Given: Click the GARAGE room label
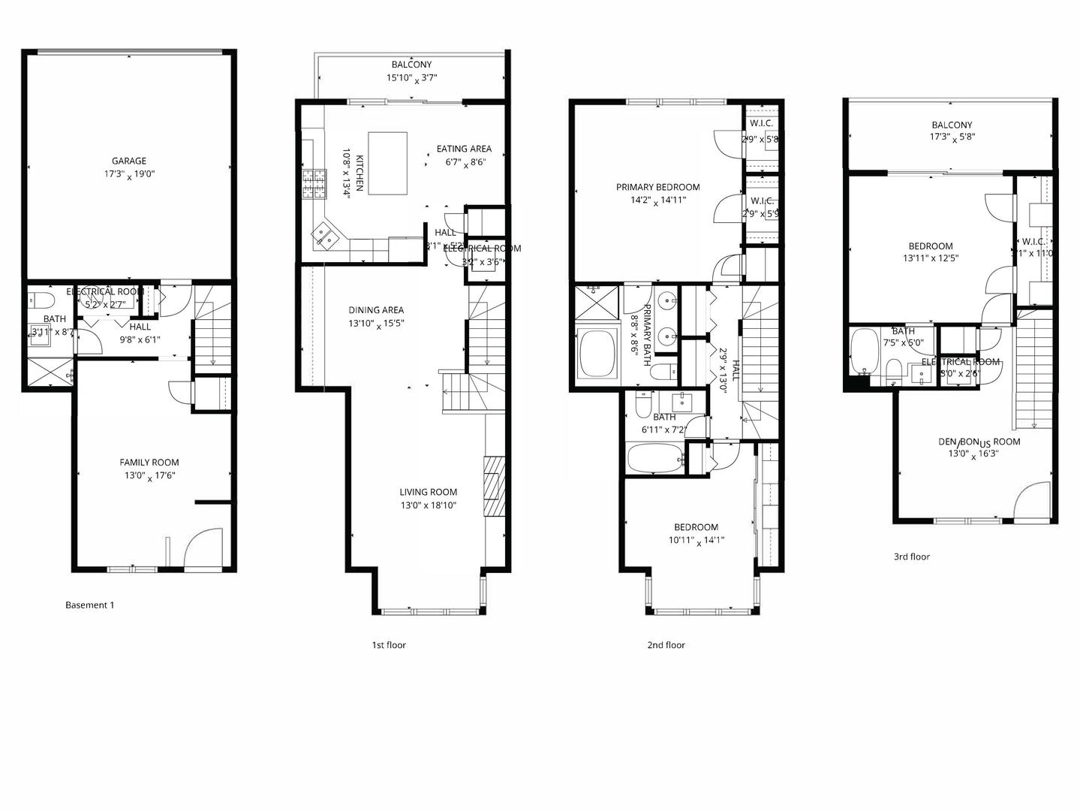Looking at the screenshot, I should tap(128, 161).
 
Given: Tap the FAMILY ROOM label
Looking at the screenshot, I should tap(149, 463).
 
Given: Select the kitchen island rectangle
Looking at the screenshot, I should tap(387, 163).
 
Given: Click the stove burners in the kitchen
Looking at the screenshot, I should tap(314, 184).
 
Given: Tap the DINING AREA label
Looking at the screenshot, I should tap(376, 310).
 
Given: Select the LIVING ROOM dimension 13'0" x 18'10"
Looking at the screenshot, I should tap(428, 506).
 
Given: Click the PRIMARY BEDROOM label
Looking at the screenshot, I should tap(657, 188).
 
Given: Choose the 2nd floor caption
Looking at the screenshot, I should tap(666, 645).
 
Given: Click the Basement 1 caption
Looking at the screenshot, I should tap(89, 605).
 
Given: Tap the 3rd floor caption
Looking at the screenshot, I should tap(911, 557).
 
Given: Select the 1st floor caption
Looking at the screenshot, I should tap(389, 645).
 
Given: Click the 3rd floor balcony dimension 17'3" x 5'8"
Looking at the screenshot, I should tap(953, 138).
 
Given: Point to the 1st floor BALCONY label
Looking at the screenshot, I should tap(411, 65).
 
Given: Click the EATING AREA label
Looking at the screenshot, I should tap(464, 149).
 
